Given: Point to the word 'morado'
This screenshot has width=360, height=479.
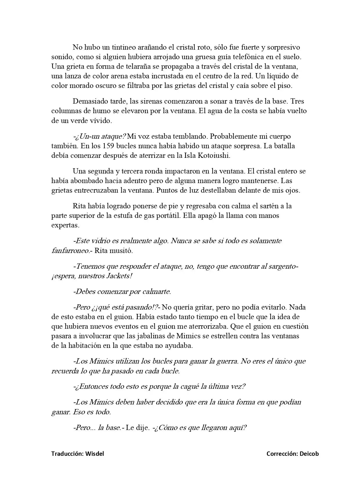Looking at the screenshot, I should pos(82,86).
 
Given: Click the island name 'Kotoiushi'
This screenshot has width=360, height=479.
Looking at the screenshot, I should pos(214,155).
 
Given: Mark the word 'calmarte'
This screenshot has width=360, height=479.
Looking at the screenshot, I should pos(156,291).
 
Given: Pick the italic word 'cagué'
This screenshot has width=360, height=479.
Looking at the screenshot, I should pos(187,386).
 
